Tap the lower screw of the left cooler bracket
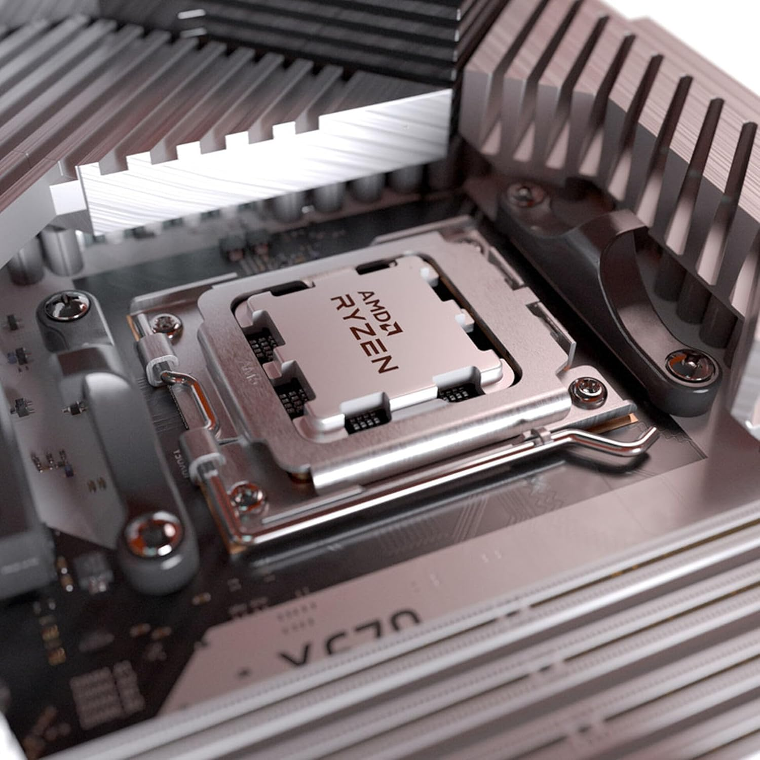coord(150,533)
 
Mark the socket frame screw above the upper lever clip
coord(163,323)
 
